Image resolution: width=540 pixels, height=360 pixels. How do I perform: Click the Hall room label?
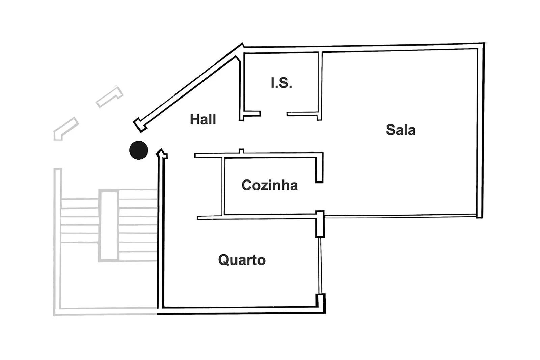pos(203,119)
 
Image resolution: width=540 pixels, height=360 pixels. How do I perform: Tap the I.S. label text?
pos(281,83)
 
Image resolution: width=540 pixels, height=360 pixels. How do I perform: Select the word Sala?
pos(401,130)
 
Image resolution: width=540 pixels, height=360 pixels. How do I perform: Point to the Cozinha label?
pos(270,185)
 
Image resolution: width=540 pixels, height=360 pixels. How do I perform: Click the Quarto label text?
pos(242,260)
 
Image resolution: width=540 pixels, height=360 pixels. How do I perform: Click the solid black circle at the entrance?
pos(139,150)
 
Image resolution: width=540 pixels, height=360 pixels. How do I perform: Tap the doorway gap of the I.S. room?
pos(274,114)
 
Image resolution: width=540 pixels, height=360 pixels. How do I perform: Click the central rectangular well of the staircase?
pos(109,226)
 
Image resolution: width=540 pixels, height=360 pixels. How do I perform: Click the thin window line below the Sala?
pos(400,216)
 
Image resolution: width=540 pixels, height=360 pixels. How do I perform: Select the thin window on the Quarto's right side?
pos(320,266)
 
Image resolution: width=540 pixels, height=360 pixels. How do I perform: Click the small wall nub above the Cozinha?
pos(242,151)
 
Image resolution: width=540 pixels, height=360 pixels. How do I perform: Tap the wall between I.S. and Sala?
pos(320,86)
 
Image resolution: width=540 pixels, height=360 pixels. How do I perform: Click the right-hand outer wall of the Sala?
pos(480,130)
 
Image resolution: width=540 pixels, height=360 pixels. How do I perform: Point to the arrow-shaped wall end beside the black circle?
pos(162,154)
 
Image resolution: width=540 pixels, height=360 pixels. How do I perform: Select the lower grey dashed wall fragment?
pos(65,129)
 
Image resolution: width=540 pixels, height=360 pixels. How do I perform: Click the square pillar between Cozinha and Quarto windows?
pos(320,224)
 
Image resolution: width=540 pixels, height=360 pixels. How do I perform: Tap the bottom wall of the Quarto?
pos(241,310)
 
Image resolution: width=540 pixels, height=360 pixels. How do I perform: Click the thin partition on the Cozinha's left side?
pos(223,186)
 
